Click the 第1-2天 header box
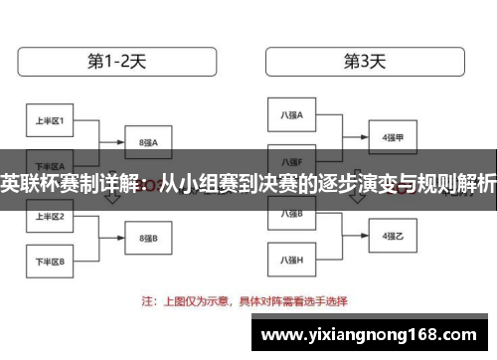pos(117,61)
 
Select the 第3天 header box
pos(364,61)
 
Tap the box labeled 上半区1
pos(51,121)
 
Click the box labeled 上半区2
pos(51,216)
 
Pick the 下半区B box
pos(51,262)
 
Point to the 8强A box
pos(149,142)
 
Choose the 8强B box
pos(149,238)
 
